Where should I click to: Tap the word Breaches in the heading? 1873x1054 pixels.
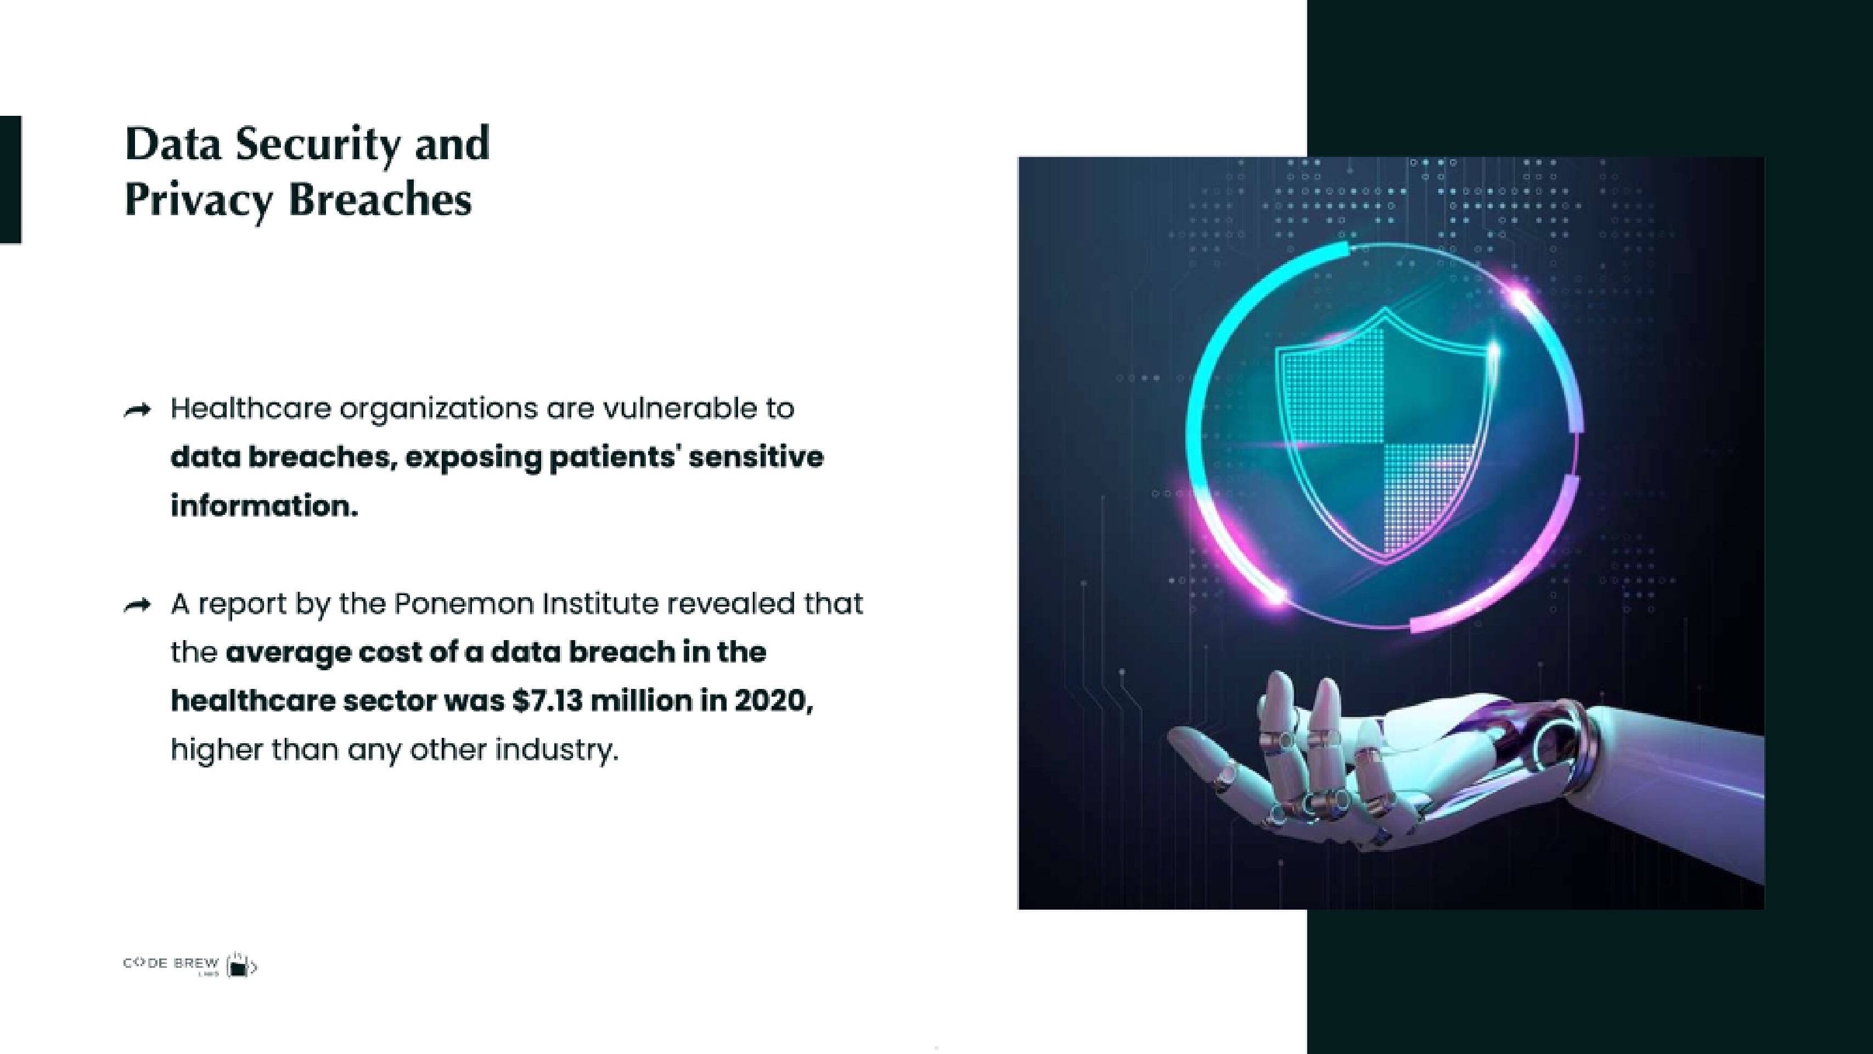[380, 199]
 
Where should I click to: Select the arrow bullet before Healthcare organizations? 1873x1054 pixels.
[137, 411]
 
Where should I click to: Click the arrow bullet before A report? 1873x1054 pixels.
[137, 605]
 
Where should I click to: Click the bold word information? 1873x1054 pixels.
[265, 506]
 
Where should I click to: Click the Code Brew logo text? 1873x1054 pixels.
[171, 964]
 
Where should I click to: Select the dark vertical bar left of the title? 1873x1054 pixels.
[10, 179]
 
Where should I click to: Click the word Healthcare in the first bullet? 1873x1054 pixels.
[251, 409]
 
